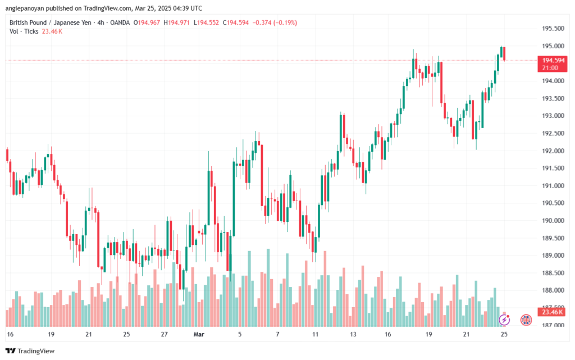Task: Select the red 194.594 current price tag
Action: coord(550,60)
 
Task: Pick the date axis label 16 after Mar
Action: coord(388,334)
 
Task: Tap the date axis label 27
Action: coord(165,334)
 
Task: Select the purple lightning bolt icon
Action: coord(504,320)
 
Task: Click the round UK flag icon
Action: coord(527,320)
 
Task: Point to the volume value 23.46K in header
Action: coord(52,31)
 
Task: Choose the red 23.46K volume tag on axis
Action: coord(550,312)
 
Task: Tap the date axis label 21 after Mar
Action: coord(466,334)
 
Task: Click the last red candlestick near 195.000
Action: coord(505,53)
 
